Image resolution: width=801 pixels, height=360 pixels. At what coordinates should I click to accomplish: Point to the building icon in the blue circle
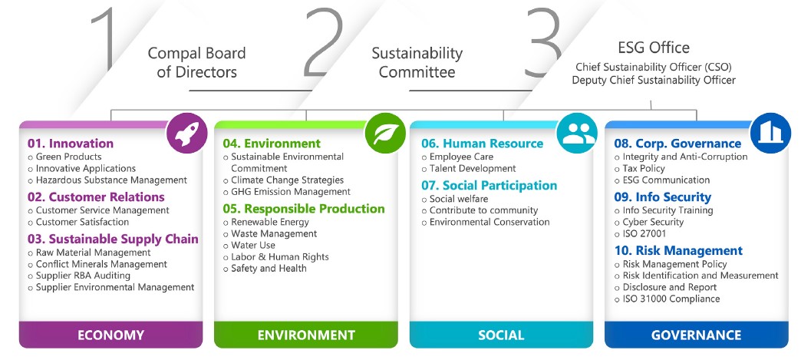tap(770, 133)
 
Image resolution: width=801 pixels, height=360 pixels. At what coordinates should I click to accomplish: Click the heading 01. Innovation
tap(71, 144)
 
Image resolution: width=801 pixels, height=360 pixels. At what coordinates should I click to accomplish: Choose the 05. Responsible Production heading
tap(304, 209)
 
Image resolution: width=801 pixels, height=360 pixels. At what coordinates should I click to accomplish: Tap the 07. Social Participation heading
tap(489, 186)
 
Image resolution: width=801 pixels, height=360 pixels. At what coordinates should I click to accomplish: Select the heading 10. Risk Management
tap(678, 251)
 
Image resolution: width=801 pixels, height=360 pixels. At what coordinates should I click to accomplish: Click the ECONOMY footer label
tap(111, 335)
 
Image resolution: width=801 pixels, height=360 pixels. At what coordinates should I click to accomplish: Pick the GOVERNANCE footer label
tap(696, 335)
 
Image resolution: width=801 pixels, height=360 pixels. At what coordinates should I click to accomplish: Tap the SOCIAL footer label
tap(500, 335)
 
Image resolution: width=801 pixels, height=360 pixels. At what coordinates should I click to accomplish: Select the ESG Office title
tap(654, 48)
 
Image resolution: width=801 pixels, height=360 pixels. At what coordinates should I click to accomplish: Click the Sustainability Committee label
tap(417, 63)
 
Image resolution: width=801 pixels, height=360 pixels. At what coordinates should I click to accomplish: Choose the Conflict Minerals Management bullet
tap(101, 264)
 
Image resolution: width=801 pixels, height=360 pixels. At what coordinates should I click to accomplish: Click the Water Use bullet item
tap(253, 246)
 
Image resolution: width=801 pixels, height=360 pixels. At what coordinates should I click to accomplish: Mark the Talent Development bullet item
tap(473, 168)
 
